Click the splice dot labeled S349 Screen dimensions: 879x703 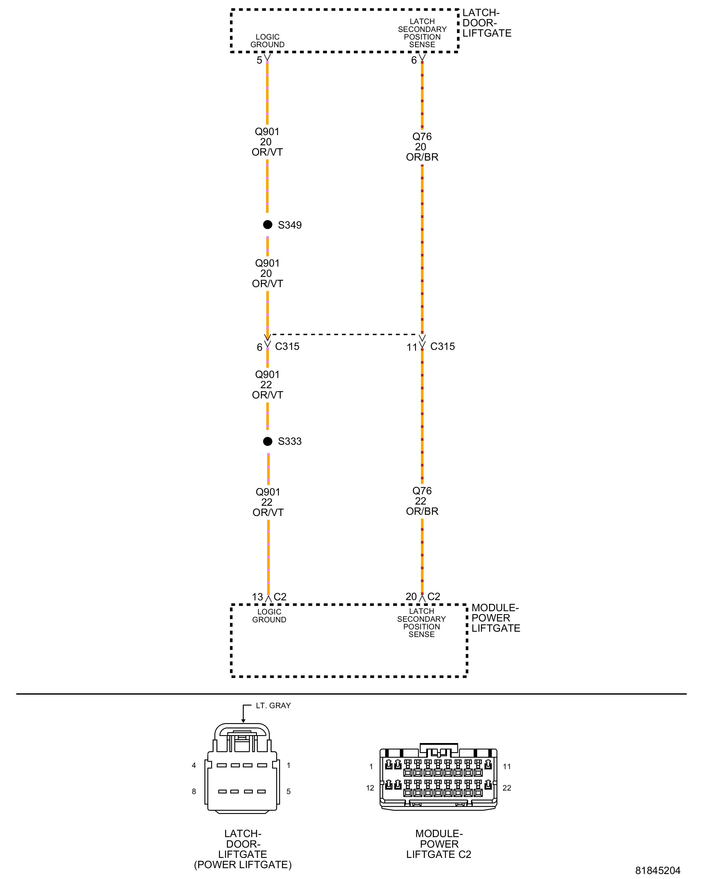267,225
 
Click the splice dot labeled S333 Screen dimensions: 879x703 267,441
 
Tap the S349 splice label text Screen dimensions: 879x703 290,225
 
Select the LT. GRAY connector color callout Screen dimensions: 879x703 273,705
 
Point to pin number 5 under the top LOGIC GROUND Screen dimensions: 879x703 260,60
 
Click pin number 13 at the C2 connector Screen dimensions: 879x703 257,597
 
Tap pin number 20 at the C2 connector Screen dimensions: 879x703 411,597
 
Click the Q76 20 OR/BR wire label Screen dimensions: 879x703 422,147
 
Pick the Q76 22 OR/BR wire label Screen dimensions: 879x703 422,501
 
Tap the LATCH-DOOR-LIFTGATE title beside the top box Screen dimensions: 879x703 487,23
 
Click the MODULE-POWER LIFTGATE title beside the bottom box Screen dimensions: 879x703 496,618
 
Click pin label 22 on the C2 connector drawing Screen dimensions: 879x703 506,788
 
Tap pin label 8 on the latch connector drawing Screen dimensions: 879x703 194,791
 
